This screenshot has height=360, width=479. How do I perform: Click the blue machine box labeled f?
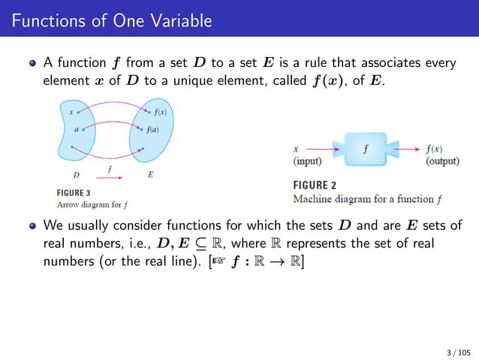366,149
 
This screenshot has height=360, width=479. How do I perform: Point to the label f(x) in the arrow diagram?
161,113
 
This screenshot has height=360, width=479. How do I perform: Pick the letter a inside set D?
77,129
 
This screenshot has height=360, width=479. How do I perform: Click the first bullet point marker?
33,63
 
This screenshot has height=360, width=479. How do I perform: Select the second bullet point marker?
33,225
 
